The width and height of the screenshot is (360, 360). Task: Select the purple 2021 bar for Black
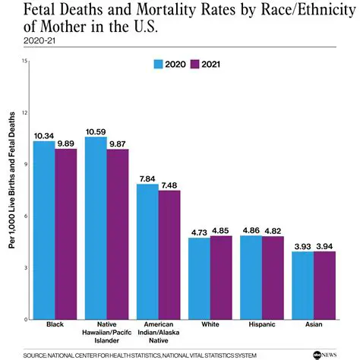point(66,234)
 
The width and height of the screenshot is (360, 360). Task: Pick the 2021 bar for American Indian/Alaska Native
point(169,254)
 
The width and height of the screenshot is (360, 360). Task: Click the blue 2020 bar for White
point(199,278)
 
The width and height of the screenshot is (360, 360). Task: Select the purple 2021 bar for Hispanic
point(273,278)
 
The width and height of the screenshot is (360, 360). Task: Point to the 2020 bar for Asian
point(303,286)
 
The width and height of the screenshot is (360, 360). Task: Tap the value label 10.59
point(96,131)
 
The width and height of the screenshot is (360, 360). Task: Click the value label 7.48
point(169,185)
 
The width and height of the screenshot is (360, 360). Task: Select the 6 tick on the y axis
point(27,216)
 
